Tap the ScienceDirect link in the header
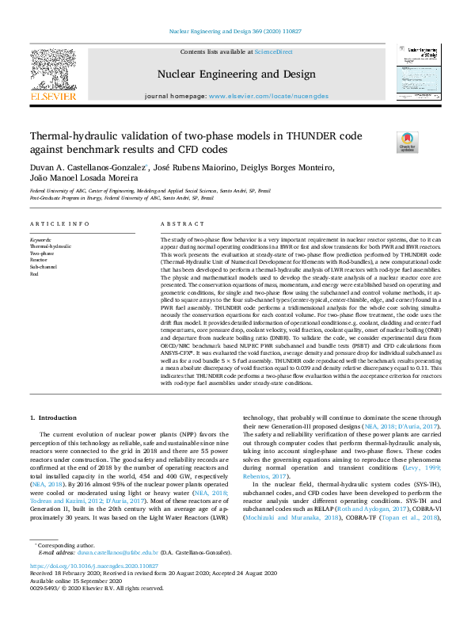pos(274,52)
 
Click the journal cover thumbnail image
pos(419,70)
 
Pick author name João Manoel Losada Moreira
pos(84,180)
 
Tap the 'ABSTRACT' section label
pos(177,224)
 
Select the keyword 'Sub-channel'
pos(44,266)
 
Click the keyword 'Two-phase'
pos(42,253)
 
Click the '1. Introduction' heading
pos(54,417)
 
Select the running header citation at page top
pos(235,30)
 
